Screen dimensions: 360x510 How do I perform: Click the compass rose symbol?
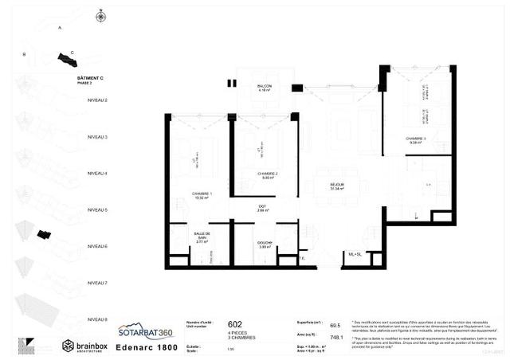point(100,15)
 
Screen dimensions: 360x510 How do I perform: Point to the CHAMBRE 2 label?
point(266,174)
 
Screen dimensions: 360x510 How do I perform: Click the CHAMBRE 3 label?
point(415,140)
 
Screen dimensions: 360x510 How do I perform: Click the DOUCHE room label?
point(265,245)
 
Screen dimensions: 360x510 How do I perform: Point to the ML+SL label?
point(355,254)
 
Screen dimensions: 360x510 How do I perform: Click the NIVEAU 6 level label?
point(99,247)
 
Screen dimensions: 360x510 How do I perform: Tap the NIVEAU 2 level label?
point(99,100)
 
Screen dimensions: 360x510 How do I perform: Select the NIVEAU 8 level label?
point(99,319)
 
